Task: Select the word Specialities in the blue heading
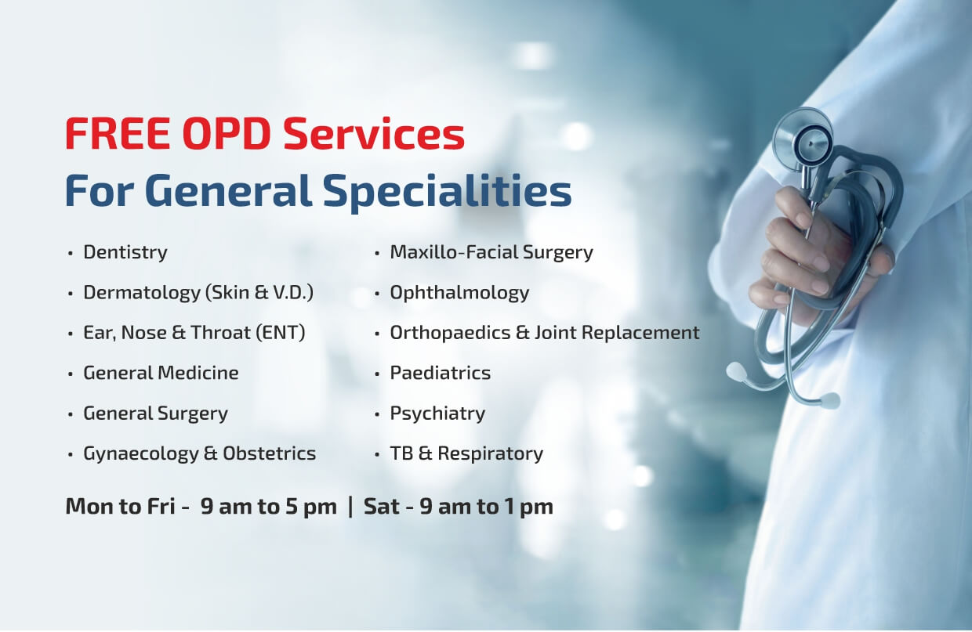point(447,192)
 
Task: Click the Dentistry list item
point(125,252)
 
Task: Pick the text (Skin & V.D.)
point(259,293)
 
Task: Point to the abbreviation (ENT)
point(281,333)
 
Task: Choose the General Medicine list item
point(161,373)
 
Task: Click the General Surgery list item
point(155,414)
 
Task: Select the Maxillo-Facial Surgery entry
point(491,252)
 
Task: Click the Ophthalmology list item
point(459,293)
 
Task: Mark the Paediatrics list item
point(441,373)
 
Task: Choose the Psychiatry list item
point(437,414)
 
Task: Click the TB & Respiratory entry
point(466,454)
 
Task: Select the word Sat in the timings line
point(382,506)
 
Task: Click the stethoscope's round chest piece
point(803,138)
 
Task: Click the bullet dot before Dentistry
point(71,253)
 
